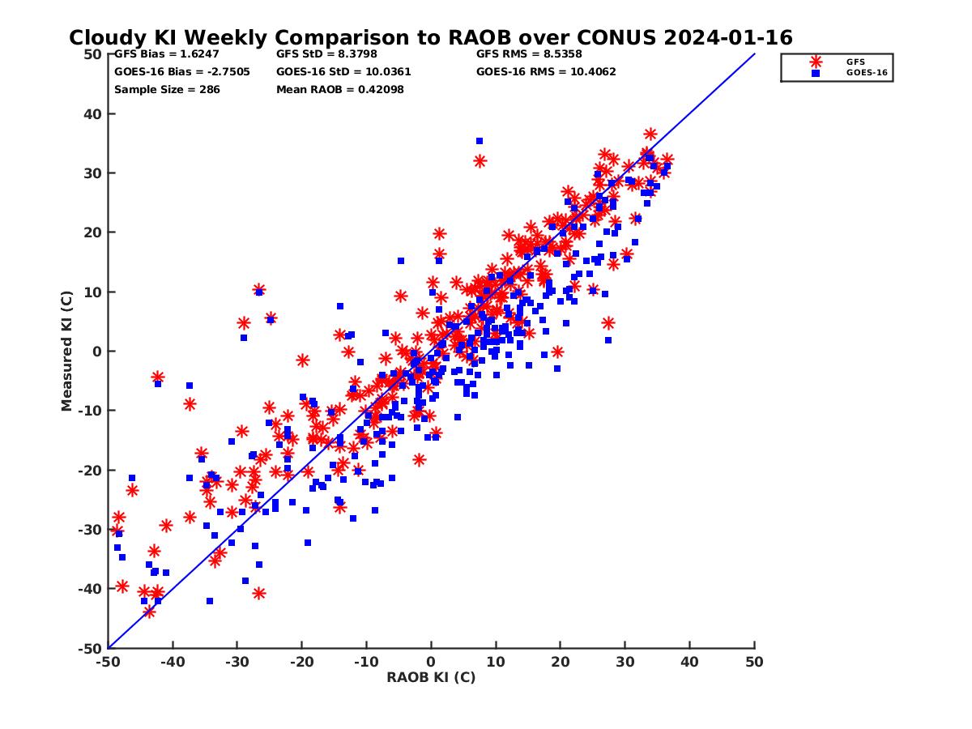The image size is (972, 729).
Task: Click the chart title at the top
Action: [x=430, y=38]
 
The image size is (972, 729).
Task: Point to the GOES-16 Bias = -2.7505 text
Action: [x=182, y=71]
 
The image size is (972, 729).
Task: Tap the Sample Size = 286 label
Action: [x=167, y=89]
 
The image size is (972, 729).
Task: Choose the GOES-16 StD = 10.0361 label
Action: [x=343, y=71]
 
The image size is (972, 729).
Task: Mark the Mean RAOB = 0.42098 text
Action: [x=339, y=89]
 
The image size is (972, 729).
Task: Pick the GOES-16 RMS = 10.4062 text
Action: [x=546, y=71]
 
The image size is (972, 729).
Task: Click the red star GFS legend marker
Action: [x=816, y=62]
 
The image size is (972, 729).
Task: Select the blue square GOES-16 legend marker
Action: [x=816, y=73]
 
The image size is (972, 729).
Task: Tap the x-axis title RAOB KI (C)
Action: [x=431, y=677]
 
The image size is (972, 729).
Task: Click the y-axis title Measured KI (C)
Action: [x=67, y=352]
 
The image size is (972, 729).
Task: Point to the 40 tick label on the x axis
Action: [x=689, y=662]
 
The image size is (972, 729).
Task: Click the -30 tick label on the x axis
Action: [x=237, y=662]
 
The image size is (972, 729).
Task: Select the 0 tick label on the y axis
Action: [x=97, y=352]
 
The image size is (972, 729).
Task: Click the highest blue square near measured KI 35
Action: [x=479, y=141]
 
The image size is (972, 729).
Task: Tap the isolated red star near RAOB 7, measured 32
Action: [x=480, y=161]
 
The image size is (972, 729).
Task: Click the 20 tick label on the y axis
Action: [x=93, y=232]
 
